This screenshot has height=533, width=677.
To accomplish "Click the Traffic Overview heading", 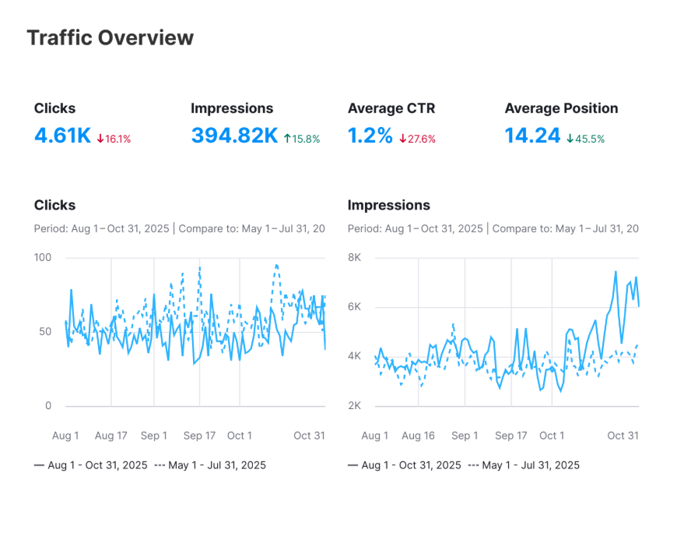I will (110, 37).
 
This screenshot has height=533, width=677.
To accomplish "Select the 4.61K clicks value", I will (62, 136).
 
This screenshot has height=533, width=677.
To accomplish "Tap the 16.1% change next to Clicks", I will (114, 139).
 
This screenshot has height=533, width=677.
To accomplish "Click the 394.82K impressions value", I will (234, 136).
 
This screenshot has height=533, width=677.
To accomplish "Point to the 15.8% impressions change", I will (302, 139).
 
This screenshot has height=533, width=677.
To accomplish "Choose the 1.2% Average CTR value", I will (370, 136).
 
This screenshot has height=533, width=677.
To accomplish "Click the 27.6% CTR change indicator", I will (418, 139).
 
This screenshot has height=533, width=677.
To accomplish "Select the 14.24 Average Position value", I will (532, 136).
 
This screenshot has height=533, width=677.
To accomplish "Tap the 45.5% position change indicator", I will (585, 139).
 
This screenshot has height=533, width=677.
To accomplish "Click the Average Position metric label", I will (561, 108).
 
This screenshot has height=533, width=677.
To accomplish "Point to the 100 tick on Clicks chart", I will (43, 257).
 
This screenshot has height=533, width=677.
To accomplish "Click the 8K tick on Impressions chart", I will (354, 257).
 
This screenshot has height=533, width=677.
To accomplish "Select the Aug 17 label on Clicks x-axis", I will (111, 436).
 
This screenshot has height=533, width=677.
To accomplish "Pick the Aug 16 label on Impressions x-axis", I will (419, 436).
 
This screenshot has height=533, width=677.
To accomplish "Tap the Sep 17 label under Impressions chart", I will (510, 436).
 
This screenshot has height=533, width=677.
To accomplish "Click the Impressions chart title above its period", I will (388, 205).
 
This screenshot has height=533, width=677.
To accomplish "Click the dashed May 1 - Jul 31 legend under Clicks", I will (210, 465).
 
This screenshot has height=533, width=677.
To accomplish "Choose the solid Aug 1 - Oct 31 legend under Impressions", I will (405, 465).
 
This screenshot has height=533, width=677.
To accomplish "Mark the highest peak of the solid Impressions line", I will (616, 272).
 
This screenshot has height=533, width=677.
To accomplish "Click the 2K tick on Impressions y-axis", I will (354, 406).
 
